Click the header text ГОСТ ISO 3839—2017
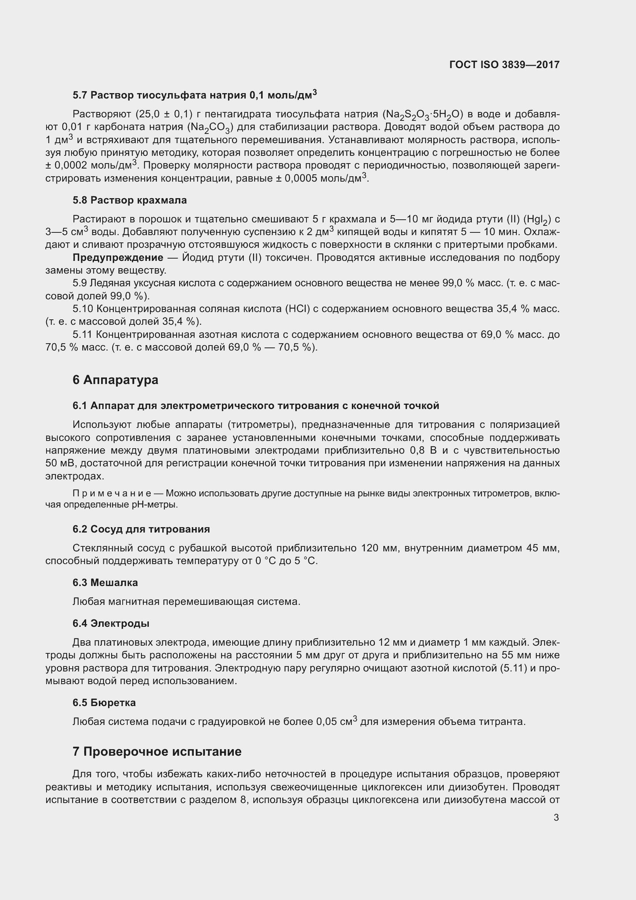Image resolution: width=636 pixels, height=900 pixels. click(x=504, y=65)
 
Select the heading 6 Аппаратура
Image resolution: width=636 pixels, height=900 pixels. click(x=115, y=380)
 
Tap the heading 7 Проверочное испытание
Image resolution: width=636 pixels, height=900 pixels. click(x=157, y=751)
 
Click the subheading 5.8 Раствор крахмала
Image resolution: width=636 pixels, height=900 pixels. click(x=130, y=200)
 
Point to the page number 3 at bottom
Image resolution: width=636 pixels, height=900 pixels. click(x=556, y=818)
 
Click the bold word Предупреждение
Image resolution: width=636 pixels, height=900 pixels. click(x=118, y=257)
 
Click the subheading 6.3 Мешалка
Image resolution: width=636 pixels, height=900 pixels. click(x=105, y=583)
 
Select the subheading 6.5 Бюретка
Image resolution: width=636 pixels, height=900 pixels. click(x=104, y=703)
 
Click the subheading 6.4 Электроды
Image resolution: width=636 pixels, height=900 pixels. click(x=111, y=623)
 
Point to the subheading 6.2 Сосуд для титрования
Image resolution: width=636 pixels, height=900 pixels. click(x=141, y=529)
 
